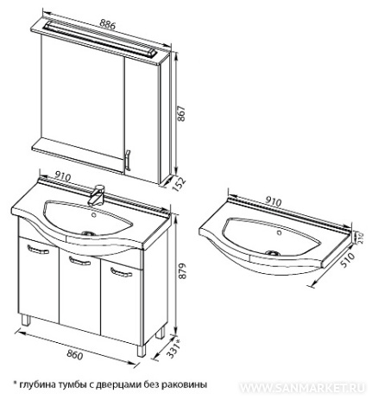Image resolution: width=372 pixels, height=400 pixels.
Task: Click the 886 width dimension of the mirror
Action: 107,24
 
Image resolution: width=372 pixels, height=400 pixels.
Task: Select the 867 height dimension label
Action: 182,114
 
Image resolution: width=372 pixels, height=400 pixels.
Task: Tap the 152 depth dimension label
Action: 179,184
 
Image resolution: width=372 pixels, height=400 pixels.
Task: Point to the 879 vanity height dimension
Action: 182,271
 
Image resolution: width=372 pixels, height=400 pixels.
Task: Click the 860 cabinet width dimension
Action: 75,354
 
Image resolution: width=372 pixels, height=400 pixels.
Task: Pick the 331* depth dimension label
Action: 175,349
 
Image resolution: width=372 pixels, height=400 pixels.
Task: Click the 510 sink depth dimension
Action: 346,261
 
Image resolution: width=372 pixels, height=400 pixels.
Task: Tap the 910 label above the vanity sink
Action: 62,176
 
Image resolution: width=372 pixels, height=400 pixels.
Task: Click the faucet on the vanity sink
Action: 97,195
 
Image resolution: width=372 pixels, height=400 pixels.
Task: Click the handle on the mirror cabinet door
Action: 128,160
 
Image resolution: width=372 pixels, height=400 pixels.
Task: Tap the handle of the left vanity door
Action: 38,249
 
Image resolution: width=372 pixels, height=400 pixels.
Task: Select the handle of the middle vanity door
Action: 79,261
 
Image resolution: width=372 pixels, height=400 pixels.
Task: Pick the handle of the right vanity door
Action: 121,272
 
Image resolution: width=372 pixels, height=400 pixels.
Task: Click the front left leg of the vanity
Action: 26,320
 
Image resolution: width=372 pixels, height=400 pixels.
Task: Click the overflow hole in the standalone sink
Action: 279,233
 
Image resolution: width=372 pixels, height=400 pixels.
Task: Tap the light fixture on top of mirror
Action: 99,38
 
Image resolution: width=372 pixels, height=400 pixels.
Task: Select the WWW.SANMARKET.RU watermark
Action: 303,388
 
